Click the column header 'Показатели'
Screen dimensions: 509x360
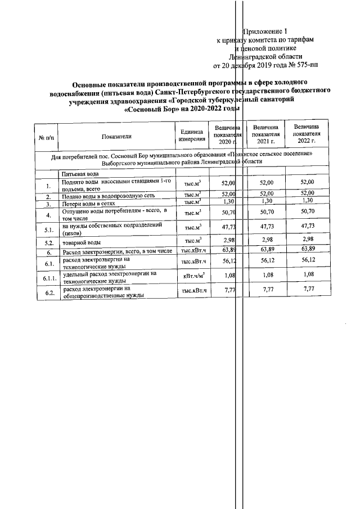click(x=116, y=136)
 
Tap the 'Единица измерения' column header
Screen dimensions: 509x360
click(x=192, y=136)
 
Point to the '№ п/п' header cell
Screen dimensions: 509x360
click(x=46, y=136)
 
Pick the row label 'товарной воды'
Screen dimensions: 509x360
click(x=82, y=241)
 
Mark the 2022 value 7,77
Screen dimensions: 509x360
click(x=307, y=289)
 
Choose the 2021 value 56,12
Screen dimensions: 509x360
click(x=266, y=261)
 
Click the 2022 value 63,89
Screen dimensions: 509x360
click(x=307, y=249)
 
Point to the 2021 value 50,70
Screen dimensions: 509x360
click(x=266, y=213)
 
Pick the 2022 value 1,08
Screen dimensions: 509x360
click(x=307, y=275)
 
